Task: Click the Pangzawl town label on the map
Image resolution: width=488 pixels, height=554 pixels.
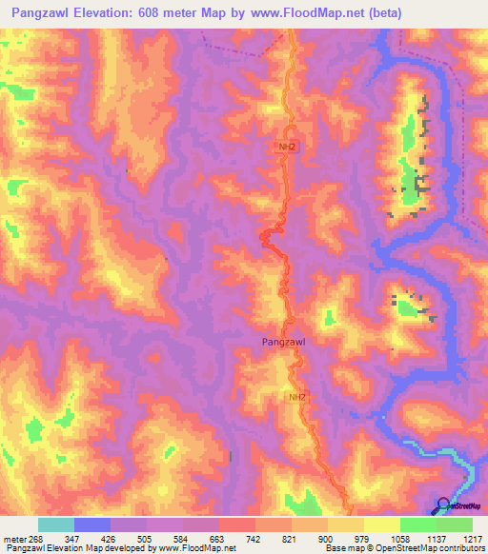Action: pyautogui.click(x=283, y=340)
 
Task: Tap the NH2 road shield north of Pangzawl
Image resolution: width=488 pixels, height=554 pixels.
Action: pyautogui.click(x=287, y=147)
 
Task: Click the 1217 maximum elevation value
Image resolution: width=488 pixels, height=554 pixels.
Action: pyautogui.click(x=472, y=538)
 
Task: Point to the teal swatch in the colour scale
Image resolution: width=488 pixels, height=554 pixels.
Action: pyautogui.click(x=56, y=524)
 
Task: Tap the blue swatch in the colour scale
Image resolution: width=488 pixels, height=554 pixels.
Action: pyautogui.click(x=92, y=524)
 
